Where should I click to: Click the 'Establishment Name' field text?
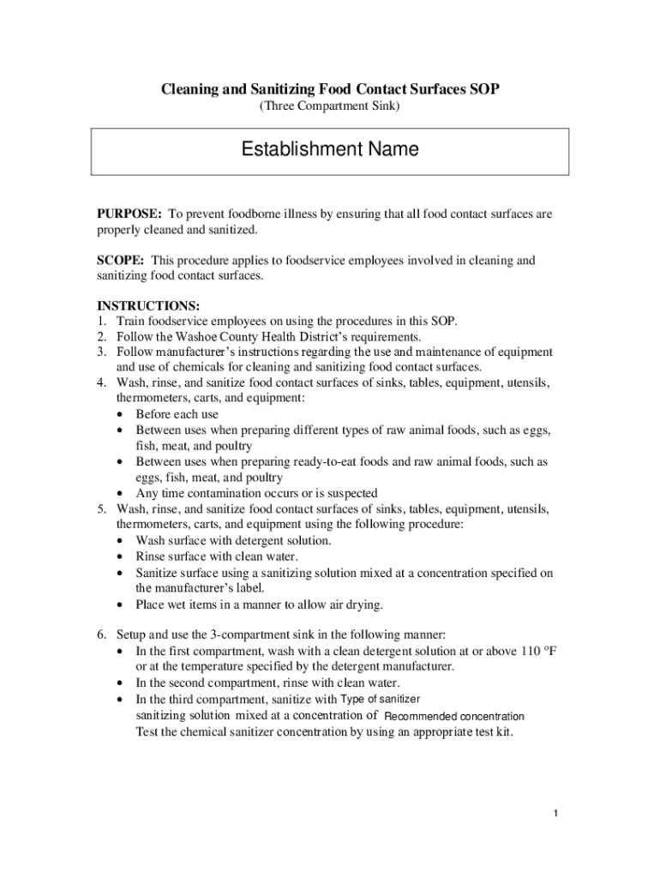[330, 150]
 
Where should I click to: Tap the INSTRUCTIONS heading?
[148, 306]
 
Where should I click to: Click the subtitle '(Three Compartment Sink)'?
[330, 106]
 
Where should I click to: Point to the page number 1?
[555, 813]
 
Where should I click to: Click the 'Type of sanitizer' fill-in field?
[381, 699]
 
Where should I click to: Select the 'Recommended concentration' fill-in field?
[454, 716]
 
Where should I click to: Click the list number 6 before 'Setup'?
[100, 635]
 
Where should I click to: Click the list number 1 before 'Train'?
[100, 322]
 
